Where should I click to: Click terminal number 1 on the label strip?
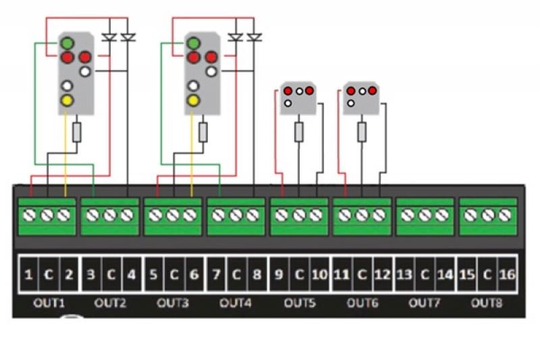(28, 275)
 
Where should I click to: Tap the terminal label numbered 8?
(257, 275)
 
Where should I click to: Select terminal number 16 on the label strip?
(507, 275)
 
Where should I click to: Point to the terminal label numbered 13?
(404, 275)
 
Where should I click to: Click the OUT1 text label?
(49, 303)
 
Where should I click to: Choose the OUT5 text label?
(300, 303)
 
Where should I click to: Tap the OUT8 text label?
(487, 303)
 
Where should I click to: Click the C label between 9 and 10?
(299, 275)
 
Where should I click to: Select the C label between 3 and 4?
(111, 275)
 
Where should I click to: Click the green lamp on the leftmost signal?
(67, 44)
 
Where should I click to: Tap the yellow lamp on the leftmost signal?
(67, 101)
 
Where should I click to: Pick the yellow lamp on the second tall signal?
(194, 101)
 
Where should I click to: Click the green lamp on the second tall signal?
(194, 44)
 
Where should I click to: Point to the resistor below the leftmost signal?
(77, 132)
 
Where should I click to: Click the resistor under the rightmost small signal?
(362, 132)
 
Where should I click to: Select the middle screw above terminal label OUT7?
(425, 215)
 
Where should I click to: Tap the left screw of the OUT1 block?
(29, 215)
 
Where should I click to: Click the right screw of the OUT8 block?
(505, 215)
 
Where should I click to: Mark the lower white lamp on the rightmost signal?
(351, 103)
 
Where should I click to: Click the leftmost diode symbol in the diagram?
(109, 37)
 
